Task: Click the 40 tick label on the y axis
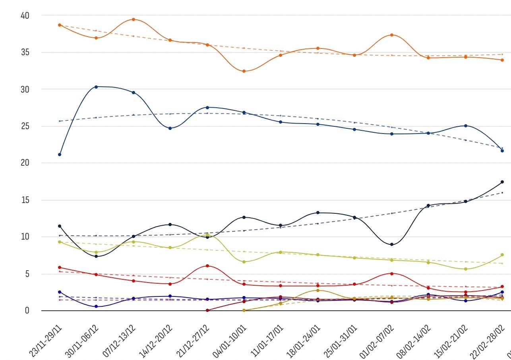[25, 15]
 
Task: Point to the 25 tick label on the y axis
[25, 126]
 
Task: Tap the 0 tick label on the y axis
[27, 311]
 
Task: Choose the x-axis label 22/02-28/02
[490, 341]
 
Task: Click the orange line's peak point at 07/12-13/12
[134, 19]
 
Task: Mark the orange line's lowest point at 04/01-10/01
[244, 71]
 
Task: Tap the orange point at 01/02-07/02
[392, 35]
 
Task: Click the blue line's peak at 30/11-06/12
[96, 87]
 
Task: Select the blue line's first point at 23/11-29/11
[60, 155]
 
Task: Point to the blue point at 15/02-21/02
[466, 126]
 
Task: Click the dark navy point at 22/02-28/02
[502, 182]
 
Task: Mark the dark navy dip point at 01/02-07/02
[392, 244]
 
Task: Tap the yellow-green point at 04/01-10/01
[244, 262]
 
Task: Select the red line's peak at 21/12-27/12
[207, 266]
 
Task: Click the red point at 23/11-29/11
[60, 267]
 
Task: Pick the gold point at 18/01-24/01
[318, 290]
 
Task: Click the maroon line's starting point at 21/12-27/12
[207, 310]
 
